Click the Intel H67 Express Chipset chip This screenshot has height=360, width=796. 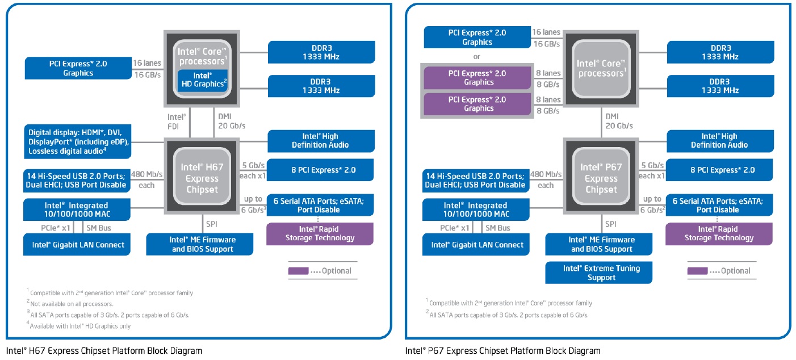point(202,176)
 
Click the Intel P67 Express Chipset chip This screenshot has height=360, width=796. point(601,176)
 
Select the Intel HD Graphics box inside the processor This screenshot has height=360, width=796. point(203,80)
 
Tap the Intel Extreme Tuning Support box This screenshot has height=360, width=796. point(599,273)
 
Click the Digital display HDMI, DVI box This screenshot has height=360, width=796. point(77,141)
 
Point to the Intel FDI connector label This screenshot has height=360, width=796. point(176,122)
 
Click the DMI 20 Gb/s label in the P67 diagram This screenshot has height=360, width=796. point(619,121)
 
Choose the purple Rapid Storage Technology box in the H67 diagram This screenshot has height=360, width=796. point(320,234)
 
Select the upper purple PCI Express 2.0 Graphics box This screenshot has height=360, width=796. point(477,78)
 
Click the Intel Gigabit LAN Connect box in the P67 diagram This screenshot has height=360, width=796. point(476,245)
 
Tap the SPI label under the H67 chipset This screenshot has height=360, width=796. point(211,224)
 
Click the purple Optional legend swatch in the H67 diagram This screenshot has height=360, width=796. point(298,271)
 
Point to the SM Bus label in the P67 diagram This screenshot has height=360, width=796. point(497,228)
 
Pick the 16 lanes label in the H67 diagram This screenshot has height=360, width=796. point(146,63)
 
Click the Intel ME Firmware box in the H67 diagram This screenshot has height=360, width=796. point(200,244)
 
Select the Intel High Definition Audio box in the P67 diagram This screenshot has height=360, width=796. point(720,141)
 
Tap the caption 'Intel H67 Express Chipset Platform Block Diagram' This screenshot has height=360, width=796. point(104,351)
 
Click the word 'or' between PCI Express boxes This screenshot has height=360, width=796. point(476,57)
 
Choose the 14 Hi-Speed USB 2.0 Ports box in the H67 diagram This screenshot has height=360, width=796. point(77,181)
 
